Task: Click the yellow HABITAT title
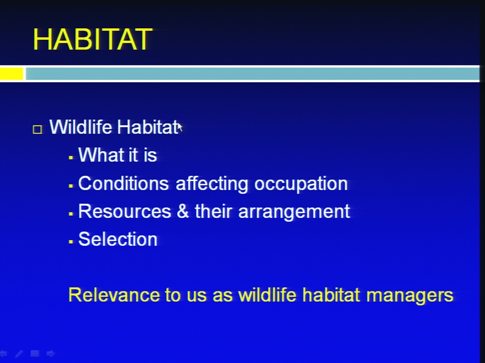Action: (92, 39)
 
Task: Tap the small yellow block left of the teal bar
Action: (12, 74)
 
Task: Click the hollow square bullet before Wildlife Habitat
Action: (37, 130)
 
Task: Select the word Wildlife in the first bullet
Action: (81, 127)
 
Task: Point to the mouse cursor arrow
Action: (180, 127)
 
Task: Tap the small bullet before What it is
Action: (71, 158)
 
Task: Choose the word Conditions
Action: (123, 184)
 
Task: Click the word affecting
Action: (212, 184)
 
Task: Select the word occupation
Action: (301, 185)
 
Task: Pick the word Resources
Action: (125, 211)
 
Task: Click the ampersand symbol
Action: (183, 211)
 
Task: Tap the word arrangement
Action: (294, 212)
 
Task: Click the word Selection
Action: (118, 239)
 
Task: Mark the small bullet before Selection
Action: (71, 241)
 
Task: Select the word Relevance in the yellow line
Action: (114, 295)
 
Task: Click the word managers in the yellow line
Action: (410, 296)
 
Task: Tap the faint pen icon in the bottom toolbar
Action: (19, 354)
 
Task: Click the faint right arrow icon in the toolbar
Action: (51, 353)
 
